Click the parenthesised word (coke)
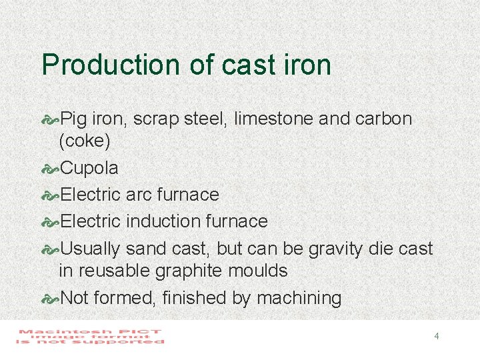tap(85, 142)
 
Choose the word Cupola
tap(89, 169)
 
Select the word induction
tap(163, 221)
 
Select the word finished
tap(197, 298)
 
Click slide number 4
tap(436, 336)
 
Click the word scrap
tap(155, 120)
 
